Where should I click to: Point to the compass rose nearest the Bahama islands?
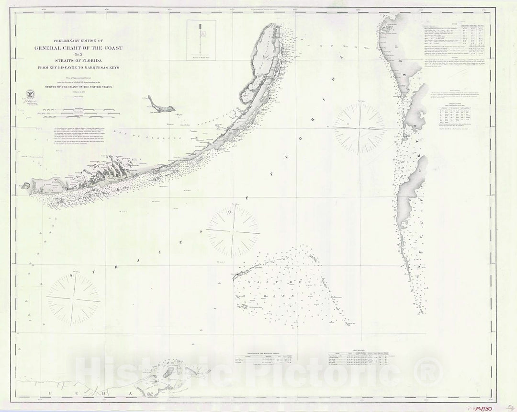click(360, 128)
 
